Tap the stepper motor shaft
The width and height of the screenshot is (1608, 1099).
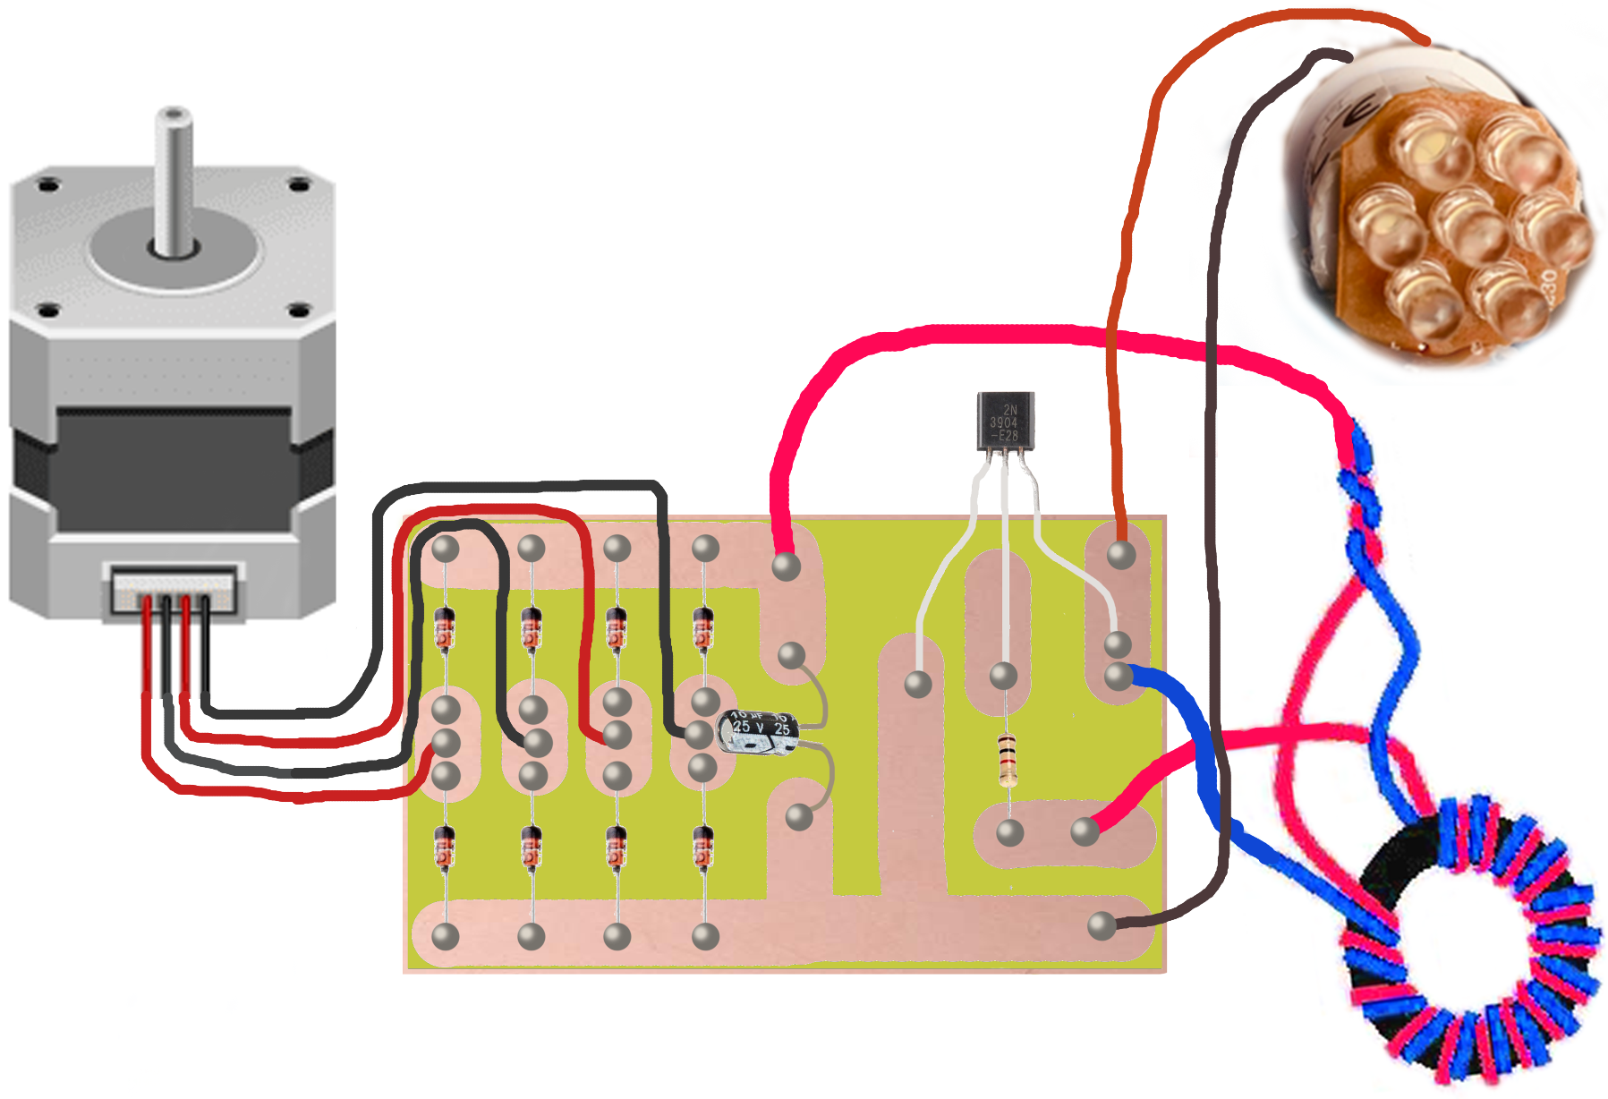[174, 179]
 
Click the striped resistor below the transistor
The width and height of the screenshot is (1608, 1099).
[1008, 759]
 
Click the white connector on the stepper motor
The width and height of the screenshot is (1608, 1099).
[174, 589]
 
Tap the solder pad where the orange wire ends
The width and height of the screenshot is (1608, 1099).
[1121, 554]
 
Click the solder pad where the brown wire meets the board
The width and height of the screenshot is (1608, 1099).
[1102, 925]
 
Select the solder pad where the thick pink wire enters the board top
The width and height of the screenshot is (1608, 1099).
[786, 566]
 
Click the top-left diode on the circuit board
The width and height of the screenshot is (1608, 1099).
[445, 626]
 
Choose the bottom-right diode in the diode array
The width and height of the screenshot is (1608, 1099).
[703, 847]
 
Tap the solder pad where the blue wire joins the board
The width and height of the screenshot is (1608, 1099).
[1119, 675]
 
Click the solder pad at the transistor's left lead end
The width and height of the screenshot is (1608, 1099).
[918, 685]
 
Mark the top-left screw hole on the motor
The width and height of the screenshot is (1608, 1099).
[48, 186]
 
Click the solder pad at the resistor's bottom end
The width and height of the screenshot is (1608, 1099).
[1009, 832]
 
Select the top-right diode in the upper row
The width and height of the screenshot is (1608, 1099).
[703, 626]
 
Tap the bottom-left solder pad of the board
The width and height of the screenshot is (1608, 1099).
[445, 936]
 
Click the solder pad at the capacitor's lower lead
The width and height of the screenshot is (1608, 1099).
[798, 816]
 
